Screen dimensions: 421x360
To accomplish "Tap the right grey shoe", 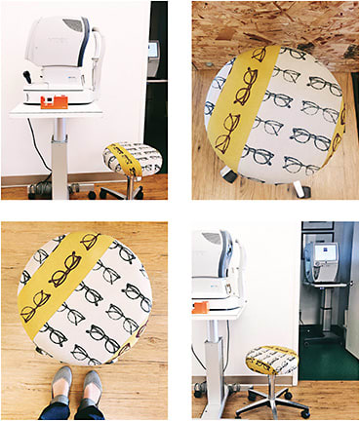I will (x=92, y=388).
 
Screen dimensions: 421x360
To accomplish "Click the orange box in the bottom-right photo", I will (x=202, y=309).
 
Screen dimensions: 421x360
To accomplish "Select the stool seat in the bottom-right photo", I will (x=271, y=360).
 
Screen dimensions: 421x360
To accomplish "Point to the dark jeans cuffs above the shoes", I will (x=73, y=410).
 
